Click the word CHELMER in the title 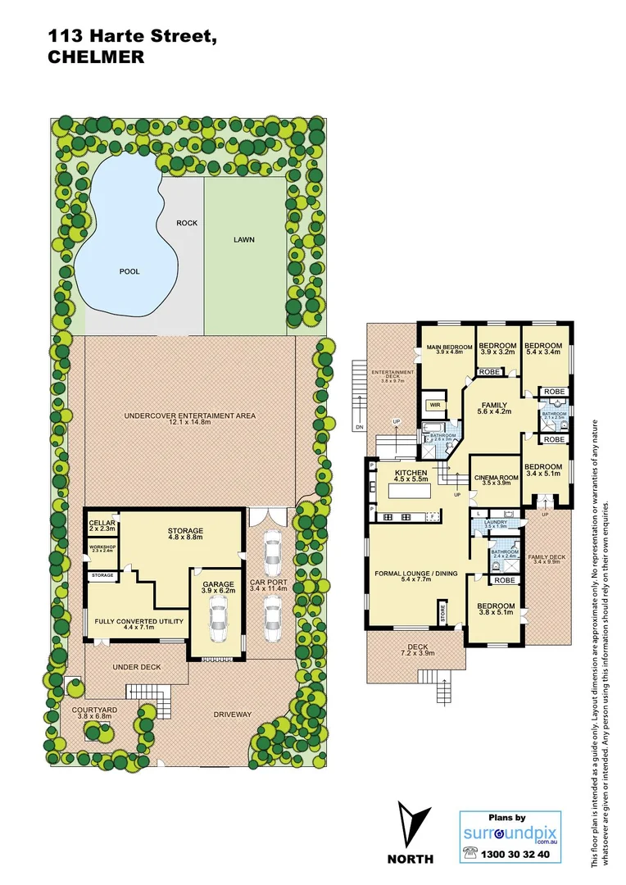click(x=97, y=57)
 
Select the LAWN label click(x=244, y=240)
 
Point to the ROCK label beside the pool click(x=188, y=223)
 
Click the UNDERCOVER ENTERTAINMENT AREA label click(x=189, y=415)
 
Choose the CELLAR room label click(x=102, y=524)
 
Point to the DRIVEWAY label click(x=233, y=715)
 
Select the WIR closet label click(x=431, y=404)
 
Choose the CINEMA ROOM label click(x=496, y=478)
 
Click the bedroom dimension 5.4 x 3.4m click(x=543, y=352)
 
